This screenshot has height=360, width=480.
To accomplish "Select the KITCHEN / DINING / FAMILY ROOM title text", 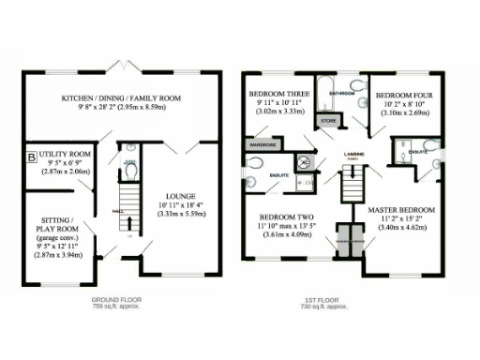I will click(x=121, y=98).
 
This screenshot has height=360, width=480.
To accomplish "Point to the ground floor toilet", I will click(x=130, y=172).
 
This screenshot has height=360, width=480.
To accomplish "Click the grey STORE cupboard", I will click(x=329, y=121).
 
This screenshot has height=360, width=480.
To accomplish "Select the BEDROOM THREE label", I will click(x=279, y=96).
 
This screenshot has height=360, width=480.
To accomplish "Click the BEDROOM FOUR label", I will click(x=404, y=96).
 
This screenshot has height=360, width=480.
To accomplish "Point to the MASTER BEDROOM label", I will click(x=400, y=208).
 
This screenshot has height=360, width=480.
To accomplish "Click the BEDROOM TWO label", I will click(x=280, y=216).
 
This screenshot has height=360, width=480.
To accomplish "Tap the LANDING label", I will click(x=354, y=156).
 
